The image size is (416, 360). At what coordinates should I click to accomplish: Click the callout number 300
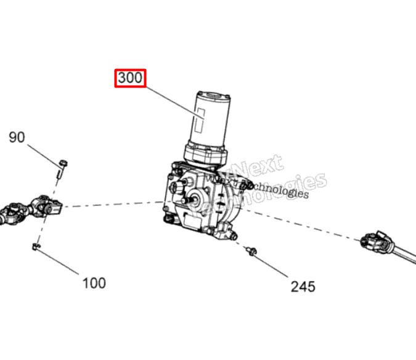click(130, 78)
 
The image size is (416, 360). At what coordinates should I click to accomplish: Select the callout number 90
click(17, 137)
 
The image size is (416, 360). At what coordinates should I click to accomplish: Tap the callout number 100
click(94, 283)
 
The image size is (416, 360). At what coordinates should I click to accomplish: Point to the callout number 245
click(303, 286)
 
